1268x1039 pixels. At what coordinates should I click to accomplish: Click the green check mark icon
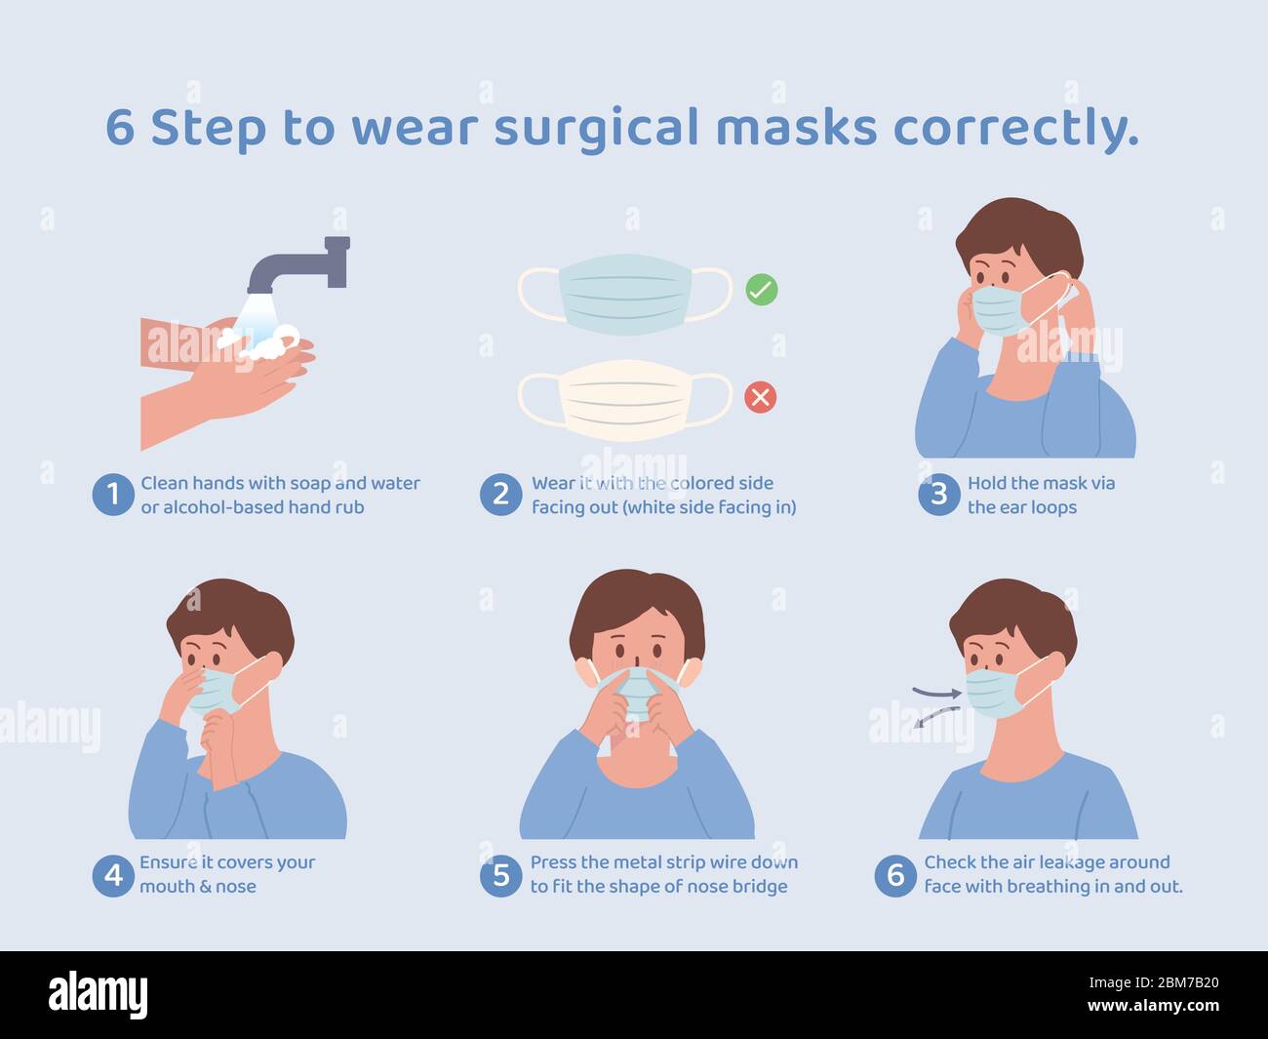pyautogui.click(x=761, y=289)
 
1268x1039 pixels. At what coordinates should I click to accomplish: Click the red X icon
pyautogui.click(x=761, y=397)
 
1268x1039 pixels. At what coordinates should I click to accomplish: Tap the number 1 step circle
pyautogui.click(x=113, y=495)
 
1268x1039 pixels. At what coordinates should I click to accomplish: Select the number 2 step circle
pyautogui.click(x=500, y=495)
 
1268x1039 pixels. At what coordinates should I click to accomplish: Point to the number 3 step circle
pyautogui.click(x=939, y=495)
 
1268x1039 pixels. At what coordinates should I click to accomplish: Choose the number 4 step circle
pyautogui.click(x=113, y=875)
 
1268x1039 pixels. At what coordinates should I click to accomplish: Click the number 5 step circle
pyautogui.click(x=500, y=875)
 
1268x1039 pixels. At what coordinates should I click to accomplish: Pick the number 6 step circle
pyautogui.click(x=895, y=875)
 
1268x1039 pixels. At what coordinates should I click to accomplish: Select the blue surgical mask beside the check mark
pyautogui.click(x=625, y=295)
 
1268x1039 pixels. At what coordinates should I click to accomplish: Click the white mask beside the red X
pyautogui.click(x=625, y=400)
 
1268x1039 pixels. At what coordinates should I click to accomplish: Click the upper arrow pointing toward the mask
pyautogui.click(x=936, y=692)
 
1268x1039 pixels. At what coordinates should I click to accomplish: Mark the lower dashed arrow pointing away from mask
pyautogui.click(x=935, y=717)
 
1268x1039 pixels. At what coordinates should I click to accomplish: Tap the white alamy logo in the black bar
pyautogui.click(x=98, y=995)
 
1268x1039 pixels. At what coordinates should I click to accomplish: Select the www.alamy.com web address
pyautogui.click(x=1153, y=1005)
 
